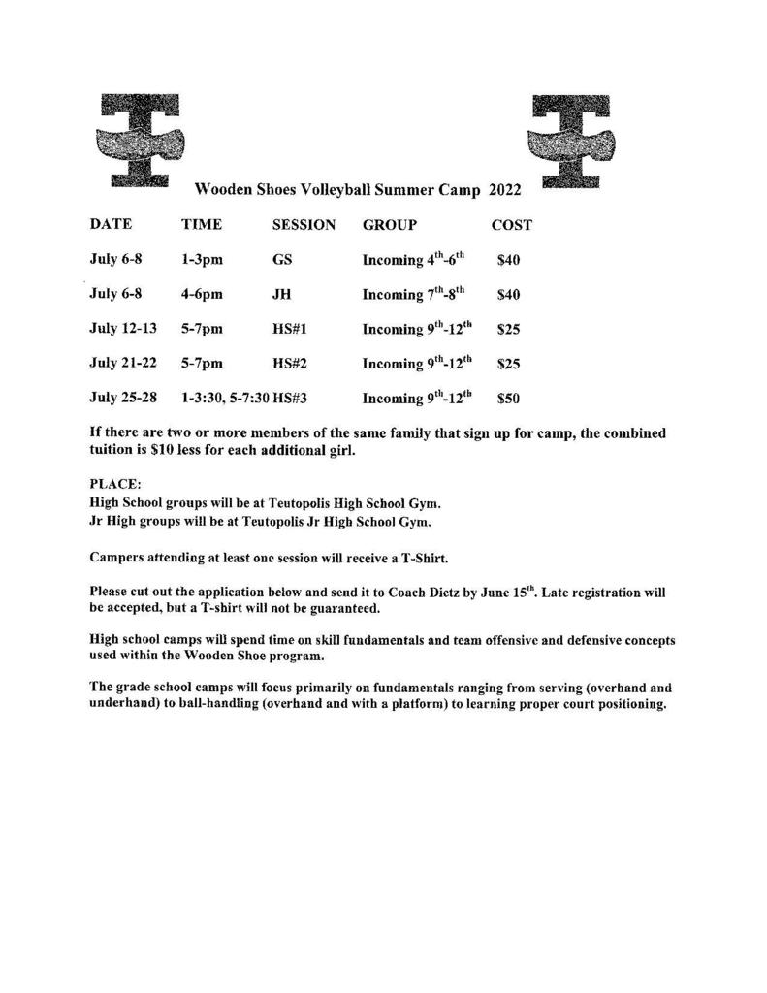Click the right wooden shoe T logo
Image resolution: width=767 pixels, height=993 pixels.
(x=573, y=139)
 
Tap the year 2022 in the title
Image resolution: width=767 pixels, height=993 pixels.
(x=504, y=191)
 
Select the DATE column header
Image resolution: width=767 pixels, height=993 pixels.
(x=111, y=225)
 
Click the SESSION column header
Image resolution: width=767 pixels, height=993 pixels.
(x=304, y=225)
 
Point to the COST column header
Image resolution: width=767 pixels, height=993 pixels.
(x=511, y=225)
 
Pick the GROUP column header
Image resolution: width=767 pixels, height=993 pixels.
(x=390, y=225)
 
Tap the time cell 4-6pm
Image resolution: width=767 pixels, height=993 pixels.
(x=202, y=294)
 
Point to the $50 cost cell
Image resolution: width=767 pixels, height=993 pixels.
(x=508, y=398)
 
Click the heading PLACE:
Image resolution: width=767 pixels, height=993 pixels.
(x=115, y=482)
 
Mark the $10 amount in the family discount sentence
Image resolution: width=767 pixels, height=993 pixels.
(x=162, y=451)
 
